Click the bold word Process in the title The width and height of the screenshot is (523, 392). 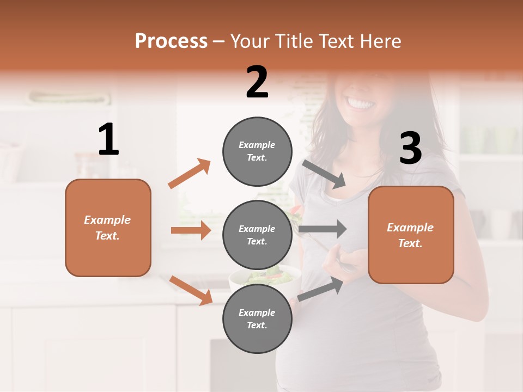click(171, 41)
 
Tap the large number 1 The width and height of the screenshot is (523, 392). click(108, 140)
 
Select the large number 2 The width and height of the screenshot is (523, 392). click(257, 82)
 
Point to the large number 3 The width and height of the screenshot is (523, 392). click(411, 148)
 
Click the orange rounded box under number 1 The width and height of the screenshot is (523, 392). click(108, 228)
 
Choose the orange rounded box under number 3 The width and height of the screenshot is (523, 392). click(411, 235)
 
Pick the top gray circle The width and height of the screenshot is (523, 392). click(257, 151)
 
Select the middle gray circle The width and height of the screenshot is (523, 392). click(257, 235)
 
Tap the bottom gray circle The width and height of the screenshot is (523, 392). click(257, 319)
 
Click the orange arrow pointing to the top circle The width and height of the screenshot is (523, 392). click(190, 174)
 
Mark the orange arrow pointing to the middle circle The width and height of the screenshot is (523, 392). click(191, 230)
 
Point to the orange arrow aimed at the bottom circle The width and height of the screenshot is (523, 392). click(191, 290)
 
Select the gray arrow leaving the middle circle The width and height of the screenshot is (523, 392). click(323, 229)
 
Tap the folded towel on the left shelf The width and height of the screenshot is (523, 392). click(70, 98)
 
